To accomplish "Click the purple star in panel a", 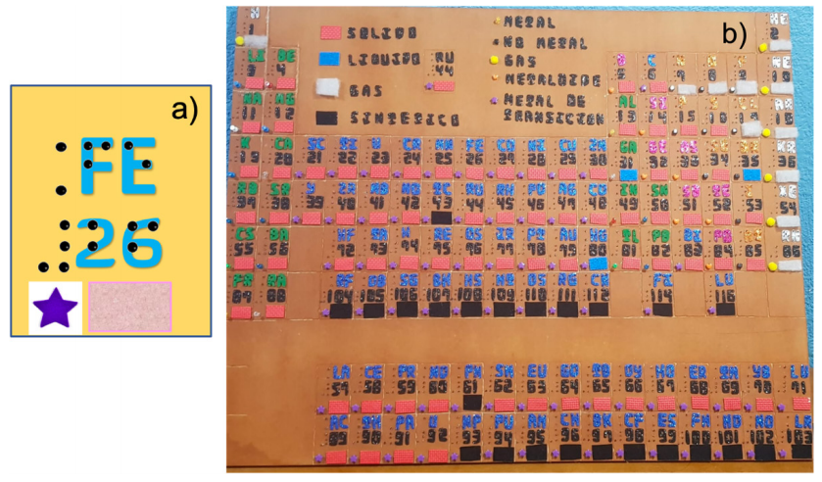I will pyautogui.click(x=56, y=307).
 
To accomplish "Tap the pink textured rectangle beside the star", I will pyautogui.click(x=129, y=307).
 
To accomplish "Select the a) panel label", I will pyautogui.click(x=183, y=109).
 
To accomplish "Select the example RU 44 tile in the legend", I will pyautogui.click(x=444, y=72).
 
